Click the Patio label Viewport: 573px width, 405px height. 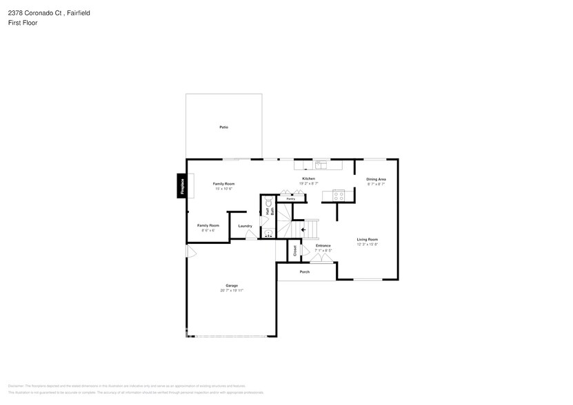point(223,127)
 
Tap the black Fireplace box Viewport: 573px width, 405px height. point(182,186)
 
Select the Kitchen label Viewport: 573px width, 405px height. point(308,179)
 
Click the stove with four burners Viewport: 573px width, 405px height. point(338,195)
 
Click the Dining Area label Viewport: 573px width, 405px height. point(376,179)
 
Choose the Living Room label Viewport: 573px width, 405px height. point(367,239)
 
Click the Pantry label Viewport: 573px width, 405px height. point(291,199)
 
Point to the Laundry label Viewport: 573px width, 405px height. point(245,226)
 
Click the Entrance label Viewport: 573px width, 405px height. point(323,246)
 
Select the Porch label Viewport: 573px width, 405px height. point(304,272)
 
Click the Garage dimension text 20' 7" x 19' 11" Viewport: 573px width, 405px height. point(231,291)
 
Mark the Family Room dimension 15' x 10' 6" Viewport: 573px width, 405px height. point(223,189)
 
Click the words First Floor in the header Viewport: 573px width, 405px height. point(23,23)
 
